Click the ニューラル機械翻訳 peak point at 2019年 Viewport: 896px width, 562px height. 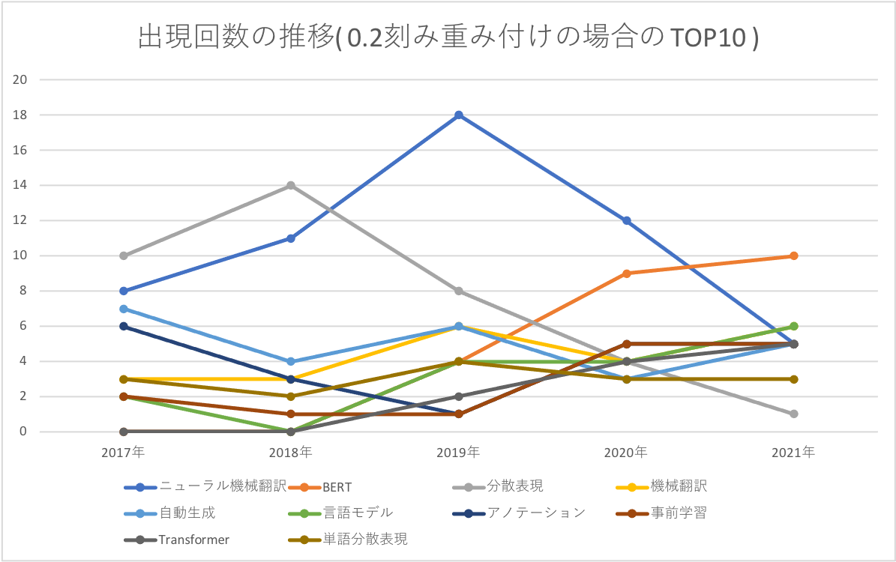(x=459, y=115)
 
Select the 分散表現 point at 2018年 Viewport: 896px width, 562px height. (x=291, y=185)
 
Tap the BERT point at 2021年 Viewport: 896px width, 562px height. (x=794, y=256)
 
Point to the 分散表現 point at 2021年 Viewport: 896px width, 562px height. (x=794, y=414)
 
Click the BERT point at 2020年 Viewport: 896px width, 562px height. (x=627, y=274)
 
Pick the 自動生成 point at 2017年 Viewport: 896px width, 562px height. (x=123, y=309)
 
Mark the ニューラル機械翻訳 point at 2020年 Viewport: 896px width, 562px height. (x=627, y=221)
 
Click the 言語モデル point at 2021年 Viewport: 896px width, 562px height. (x=794, y=326)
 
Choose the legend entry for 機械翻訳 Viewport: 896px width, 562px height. (x=679, y=487)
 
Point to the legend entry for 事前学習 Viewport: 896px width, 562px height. (x=679, y=513)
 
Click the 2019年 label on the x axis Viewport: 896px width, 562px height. (x=459, y=453)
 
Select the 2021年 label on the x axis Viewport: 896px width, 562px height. (x=794, y=453)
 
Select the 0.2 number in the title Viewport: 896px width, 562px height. (x=363, y=38)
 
